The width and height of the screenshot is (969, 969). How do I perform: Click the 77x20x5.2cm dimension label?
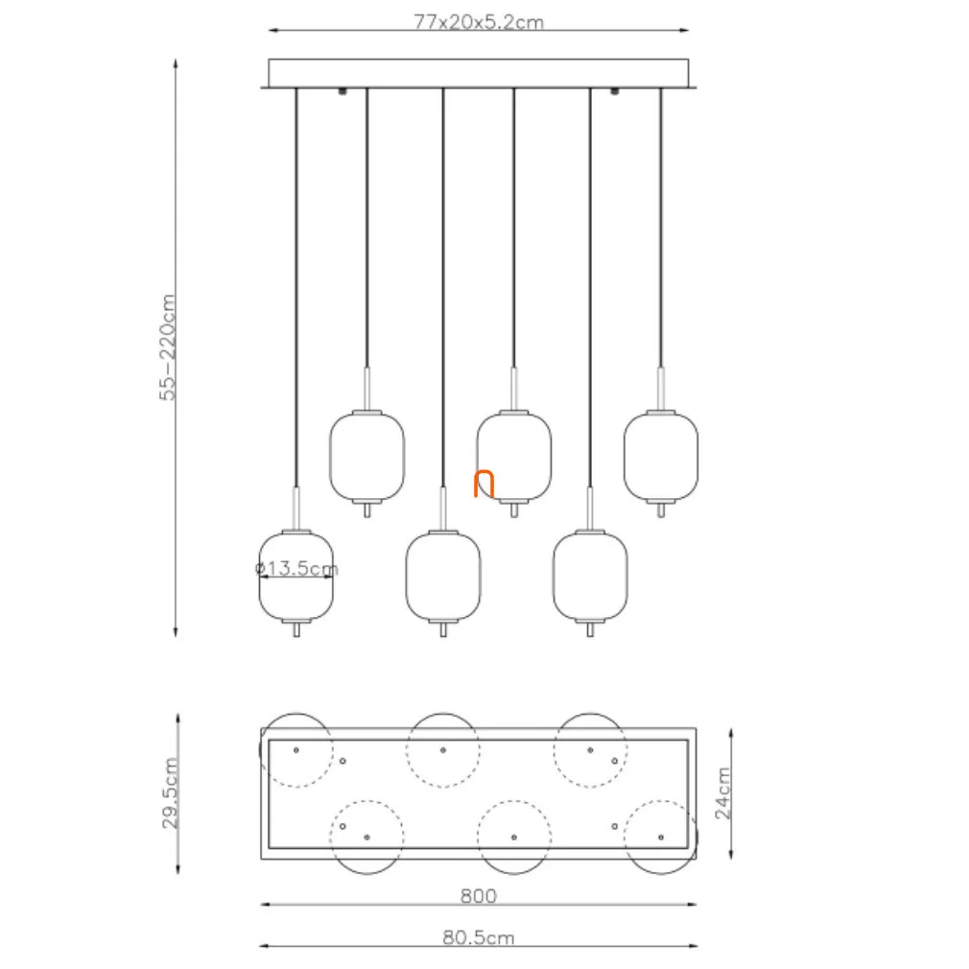tap(479, 22)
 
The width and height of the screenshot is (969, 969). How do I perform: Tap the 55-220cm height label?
tap(168, 347)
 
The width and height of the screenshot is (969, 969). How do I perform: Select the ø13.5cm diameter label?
tap(296, 568)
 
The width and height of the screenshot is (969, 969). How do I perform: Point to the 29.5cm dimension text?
tap(170, 792)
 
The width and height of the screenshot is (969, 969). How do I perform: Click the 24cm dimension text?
tap(722, 793)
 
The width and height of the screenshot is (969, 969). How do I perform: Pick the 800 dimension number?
tap(479, 895)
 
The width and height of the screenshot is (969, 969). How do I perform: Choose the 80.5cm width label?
tap(479, 937)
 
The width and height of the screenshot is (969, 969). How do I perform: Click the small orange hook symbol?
tap(484, 484)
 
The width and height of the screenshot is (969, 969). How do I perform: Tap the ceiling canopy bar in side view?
tap(479, 74)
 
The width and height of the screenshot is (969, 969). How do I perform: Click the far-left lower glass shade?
tap(296, 576)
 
